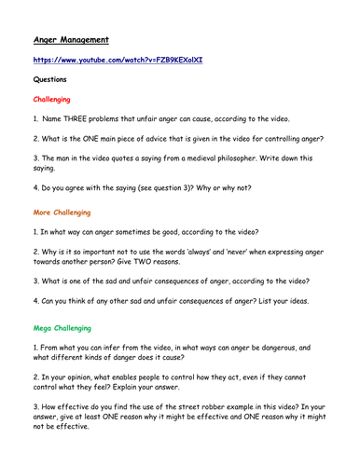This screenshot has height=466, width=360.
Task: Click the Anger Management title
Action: [72, 40]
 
